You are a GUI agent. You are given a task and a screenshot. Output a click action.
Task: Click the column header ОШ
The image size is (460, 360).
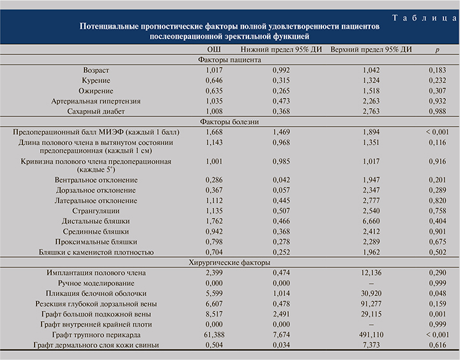coord(215,50)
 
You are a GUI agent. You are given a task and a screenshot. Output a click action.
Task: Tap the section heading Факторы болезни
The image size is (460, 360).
coord(228,121)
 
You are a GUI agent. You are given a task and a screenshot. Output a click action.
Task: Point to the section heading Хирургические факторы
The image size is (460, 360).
coord(228,262)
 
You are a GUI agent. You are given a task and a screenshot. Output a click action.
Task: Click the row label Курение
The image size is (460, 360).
coord(96,80)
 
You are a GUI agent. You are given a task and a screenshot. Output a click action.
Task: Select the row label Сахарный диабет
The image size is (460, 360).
coord(96,111)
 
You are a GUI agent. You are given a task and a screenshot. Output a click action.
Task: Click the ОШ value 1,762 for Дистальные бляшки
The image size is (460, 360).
coord(215,221)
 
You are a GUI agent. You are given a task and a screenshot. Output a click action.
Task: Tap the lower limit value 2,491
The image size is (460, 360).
coord(281,314)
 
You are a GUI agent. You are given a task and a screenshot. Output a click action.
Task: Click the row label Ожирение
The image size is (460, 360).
coord(96,90)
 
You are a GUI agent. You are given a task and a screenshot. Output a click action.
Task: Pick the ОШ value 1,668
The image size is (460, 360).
coord(215,131)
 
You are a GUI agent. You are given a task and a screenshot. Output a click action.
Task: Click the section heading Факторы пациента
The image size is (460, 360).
coord(228,59)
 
